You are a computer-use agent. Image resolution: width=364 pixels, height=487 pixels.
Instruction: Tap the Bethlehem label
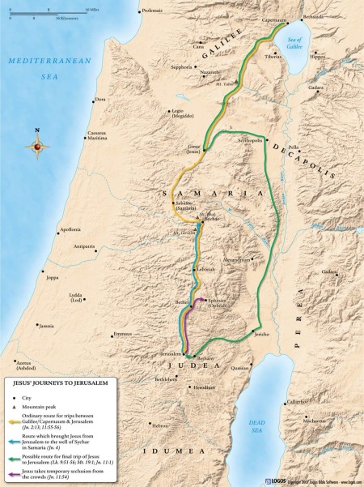coord(166,378)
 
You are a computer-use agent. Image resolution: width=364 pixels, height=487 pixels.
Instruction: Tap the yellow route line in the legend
coord(15,421)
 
